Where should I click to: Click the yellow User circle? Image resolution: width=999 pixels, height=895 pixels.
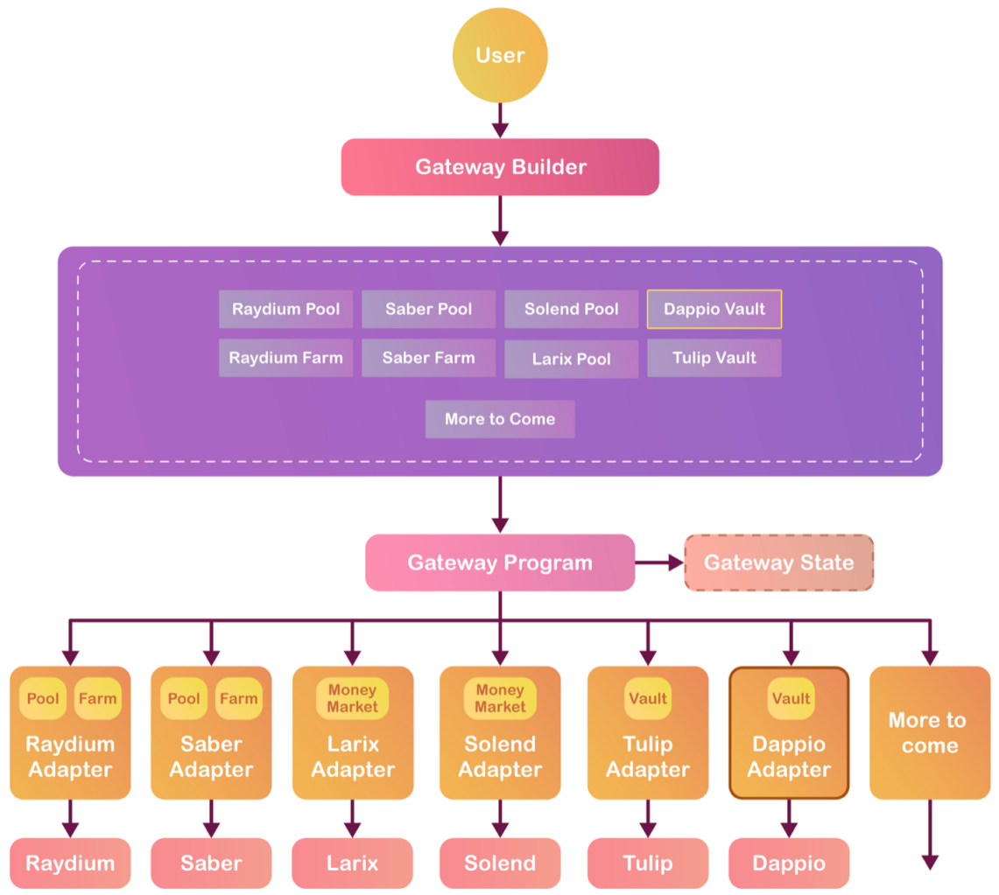click(x=499, y=55)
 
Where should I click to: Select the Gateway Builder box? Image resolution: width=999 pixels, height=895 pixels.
click(x=499, y=167)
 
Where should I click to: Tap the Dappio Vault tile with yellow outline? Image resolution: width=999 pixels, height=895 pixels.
click(x=714, y=309)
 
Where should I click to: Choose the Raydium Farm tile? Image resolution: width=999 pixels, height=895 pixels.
click(x=285, y=358)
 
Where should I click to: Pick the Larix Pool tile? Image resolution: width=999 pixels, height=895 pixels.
click(x=571, y=359)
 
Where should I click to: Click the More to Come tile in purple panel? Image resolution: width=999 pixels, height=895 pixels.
click(x=499, y=419)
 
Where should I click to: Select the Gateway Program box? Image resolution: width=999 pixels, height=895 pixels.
click(x=499, y=563)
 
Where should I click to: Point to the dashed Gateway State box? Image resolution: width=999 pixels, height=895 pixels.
click(x=778, y=563)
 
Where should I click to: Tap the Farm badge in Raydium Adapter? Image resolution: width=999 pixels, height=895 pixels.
click(x=97, y=698)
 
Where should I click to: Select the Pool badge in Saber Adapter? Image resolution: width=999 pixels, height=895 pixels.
click(x=184, y=698)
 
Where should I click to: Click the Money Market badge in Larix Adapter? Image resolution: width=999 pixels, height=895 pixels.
click(x=352, y=698)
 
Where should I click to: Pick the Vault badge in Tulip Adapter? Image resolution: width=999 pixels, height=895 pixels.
click(x=647, y=698)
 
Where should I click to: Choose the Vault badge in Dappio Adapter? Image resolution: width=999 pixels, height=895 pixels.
click(x=790, y=698)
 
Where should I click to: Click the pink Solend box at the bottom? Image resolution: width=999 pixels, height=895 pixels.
click(x=499, y=864)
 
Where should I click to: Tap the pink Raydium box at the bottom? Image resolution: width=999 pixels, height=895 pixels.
click(x=70, y=864)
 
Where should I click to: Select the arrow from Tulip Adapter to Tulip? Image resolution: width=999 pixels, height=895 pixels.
click(x=647, y=819)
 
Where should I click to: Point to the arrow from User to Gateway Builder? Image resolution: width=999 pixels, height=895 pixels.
click(x=499, y=120)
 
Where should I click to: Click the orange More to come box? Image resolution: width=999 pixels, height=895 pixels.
click(x=929, y=733)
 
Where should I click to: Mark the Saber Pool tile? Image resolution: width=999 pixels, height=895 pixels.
click(x=428, y=309)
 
